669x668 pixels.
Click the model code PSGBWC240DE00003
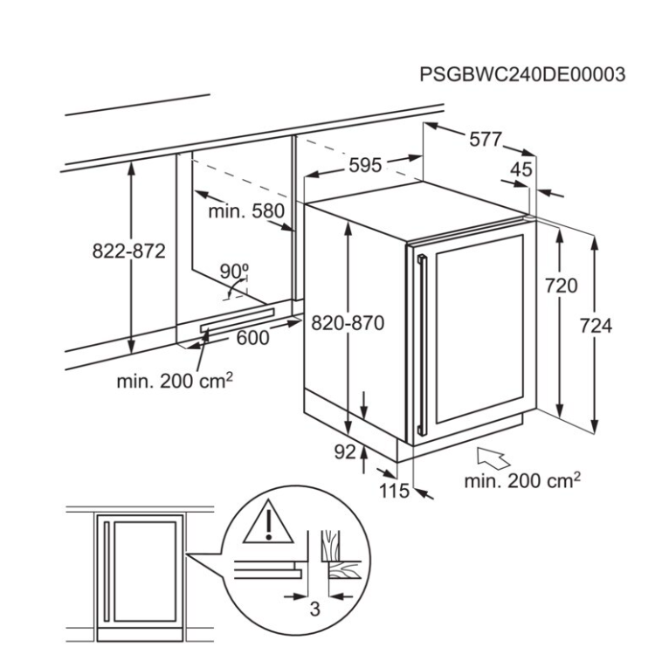pos(522,74)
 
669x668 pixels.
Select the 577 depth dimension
pos(486,139)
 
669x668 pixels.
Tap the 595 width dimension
pos(365,166)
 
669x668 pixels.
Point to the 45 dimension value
pos(521,169)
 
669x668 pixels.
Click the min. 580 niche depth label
pos(246,211)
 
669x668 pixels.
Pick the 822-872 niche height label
pos(129,251)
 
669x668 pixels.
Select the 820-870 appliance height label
pos(348,323)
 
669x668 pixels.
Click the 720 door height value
pos(562,286)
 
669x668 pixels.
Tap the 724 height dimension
pos(596,326)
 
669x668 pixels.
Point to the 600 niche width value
pos(253,338)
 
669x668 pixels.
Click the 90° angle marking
pos(234,272)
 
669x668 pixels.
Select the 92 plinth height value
pos(345,452)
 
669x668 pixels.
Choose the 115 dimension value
pos(395,491)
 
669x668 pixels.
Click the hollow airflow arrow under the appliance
pos(493,458)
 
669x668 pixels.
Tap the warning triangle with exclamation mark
pos(268,522)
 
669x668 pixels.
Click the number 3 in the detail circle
pos(315,609)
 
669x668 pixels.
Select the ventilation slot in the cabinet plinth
pos(238,320)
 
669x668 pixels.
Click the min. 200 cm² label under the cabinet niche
pos(175,381)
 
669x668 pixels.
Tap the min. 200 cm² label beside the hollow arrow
pos(522,481)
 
